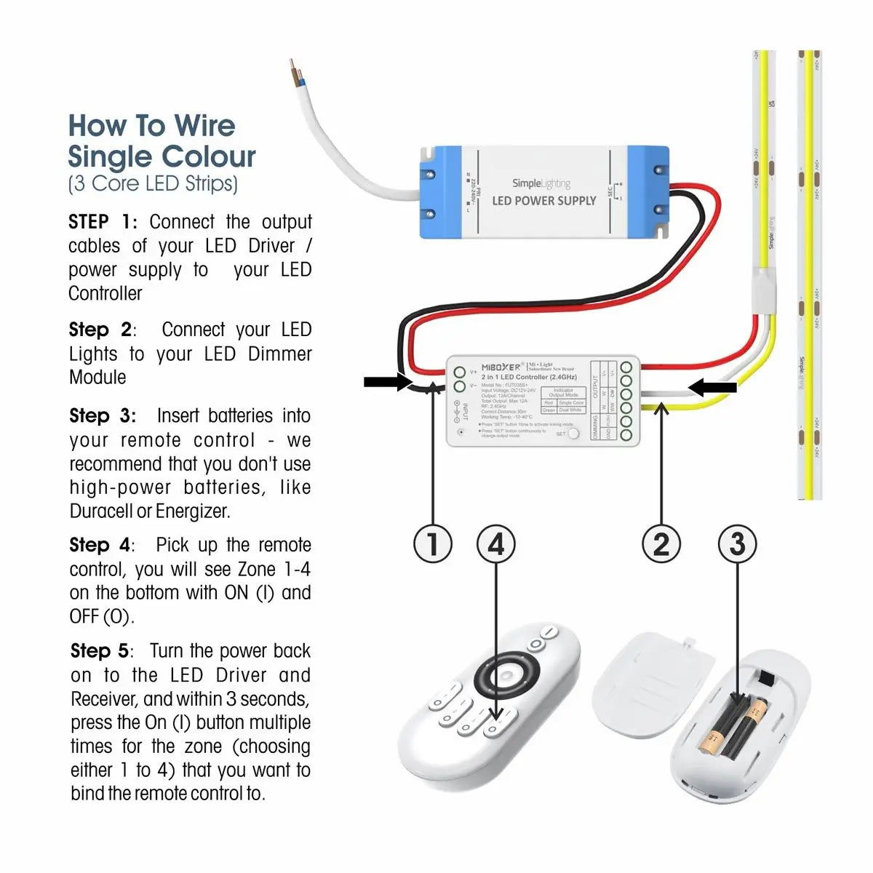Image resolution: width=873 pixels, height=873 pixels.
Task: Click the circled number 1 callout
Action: pyautogui.click(x=433, y=544)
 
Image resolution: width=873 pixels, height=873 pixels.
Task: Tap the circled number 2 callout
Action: pyautogui.click(x=661, y=544)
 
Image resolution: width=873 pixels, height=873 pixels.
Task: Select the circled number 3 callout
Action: pyautogui.click(x=737, y=544)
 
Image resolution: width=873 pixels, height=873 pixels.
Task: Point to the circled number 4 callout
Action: pyautogui.click(x=495, y=544)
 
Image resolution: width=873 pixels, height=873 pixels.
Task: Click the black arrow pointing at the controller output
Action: pyautogui.click(x=712, y=388)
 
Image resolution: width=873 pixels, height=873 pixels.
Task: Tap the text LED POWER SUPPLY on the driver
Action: pyautogui.click(x=544, y=201)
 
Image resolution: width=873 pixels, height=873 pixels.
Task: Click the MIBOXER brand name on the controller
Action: pyautogui.click(x=501, y=367)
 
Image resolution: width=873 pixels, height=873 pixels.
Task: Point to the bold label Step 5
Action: pyautogui.click(x=100, y=650)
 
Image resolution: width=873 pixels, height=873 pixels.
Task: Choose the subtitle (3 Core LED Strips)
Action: pyautogui.click(x=153, y=183)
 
